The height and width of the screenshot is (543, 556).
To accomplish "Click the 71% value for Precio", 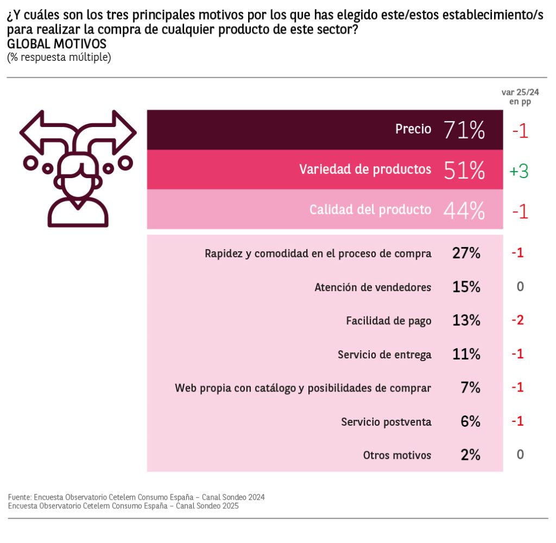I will [x=464, y=130].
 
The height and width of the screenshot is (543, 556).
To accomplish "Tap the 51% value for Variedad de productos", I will [x=464, y=171].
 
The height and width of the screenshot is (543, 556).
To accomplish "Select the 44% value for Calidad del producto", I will [x=464, y=211].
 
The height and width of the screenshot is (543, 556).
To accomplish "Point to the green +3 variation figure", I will [x=519, y=171].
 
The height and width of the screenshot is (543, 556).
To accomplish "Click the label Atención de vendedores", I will [x=373, y=287].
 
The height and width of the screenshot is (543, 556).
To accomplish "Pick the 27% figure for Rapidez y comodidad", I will [x=466, y=253].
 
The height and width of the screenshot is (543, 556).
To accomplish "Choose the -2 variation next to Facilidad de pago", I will [x=517, y=320].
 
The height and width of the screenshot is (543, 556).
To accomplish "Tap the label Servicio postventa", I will [x=387, y=422].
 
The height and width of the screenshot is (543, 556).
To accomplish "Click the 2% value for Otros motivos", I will [x=470, y=455].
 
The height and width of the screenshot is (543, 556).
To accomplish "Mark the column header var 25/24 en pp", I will [x=520, y=97].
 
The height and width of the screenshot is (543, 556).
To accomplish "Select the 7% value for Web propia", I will [x=470, y=388].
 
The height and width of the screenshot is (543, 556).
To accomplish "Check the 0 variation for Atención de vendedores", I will [x=520, y=287].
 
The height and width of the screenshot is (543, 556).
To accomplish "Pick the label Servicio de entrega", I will [x=384, y=355].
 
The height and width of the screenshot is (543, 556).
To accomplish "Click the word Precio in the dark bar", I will [x=413, y=129].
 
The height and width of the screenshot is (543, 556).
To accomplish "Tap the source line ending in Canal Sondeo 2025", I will [x=123, y=506].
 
